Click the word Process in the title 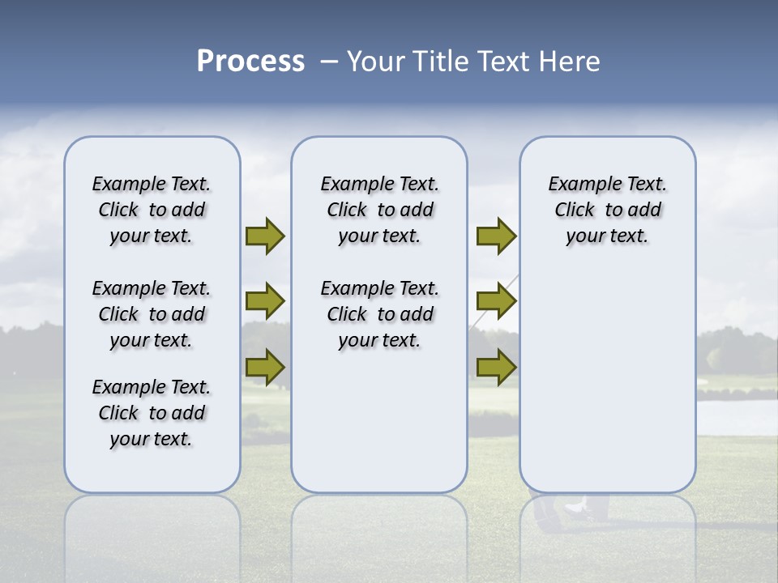click(250, 62)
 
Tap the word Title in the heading click(442, 62)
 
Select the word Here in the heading click(571, 62)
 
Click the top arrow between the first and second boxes click(265, 236)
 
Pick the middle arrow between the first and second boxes click(265, 301)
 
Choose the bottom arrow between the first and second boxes click(265, 367)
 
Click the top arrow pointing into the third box click(496, 236)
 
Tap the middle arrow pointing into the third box click(496, 301)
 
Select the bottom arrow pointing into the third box click(496, 367)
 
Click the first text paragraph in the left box click(152, 210)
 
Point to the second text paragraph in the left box click(152, 314)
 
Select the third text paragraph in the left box click(152, 413)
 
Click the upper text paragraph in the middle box click(379, 210)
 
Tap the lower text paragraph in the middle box click(379, 314)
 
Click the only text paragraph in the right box click(607, 210)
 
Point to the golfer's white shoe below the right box click(575, 508)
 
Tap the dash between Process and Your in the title click(329, 62)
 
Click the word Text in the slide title click(507, 62)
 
